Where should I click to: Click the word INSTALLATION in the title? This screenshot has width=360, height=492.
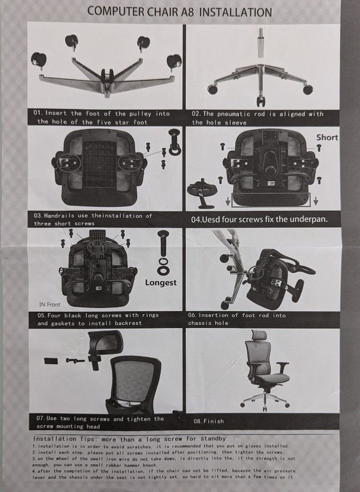pos(235,12)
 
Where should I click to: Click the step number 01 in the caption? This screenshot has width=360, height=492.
pos(37,113)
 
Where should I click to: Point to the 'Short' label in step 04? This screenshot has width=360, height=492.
pos(327,137)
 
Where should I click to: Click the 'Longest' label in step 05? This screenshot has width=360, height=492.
pos(161,282)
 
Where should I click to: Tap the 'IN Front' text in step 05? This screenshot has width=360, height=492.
pos(50,304)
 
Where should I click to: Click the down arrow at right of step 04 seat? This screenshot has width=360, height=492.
pos(315,200)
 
